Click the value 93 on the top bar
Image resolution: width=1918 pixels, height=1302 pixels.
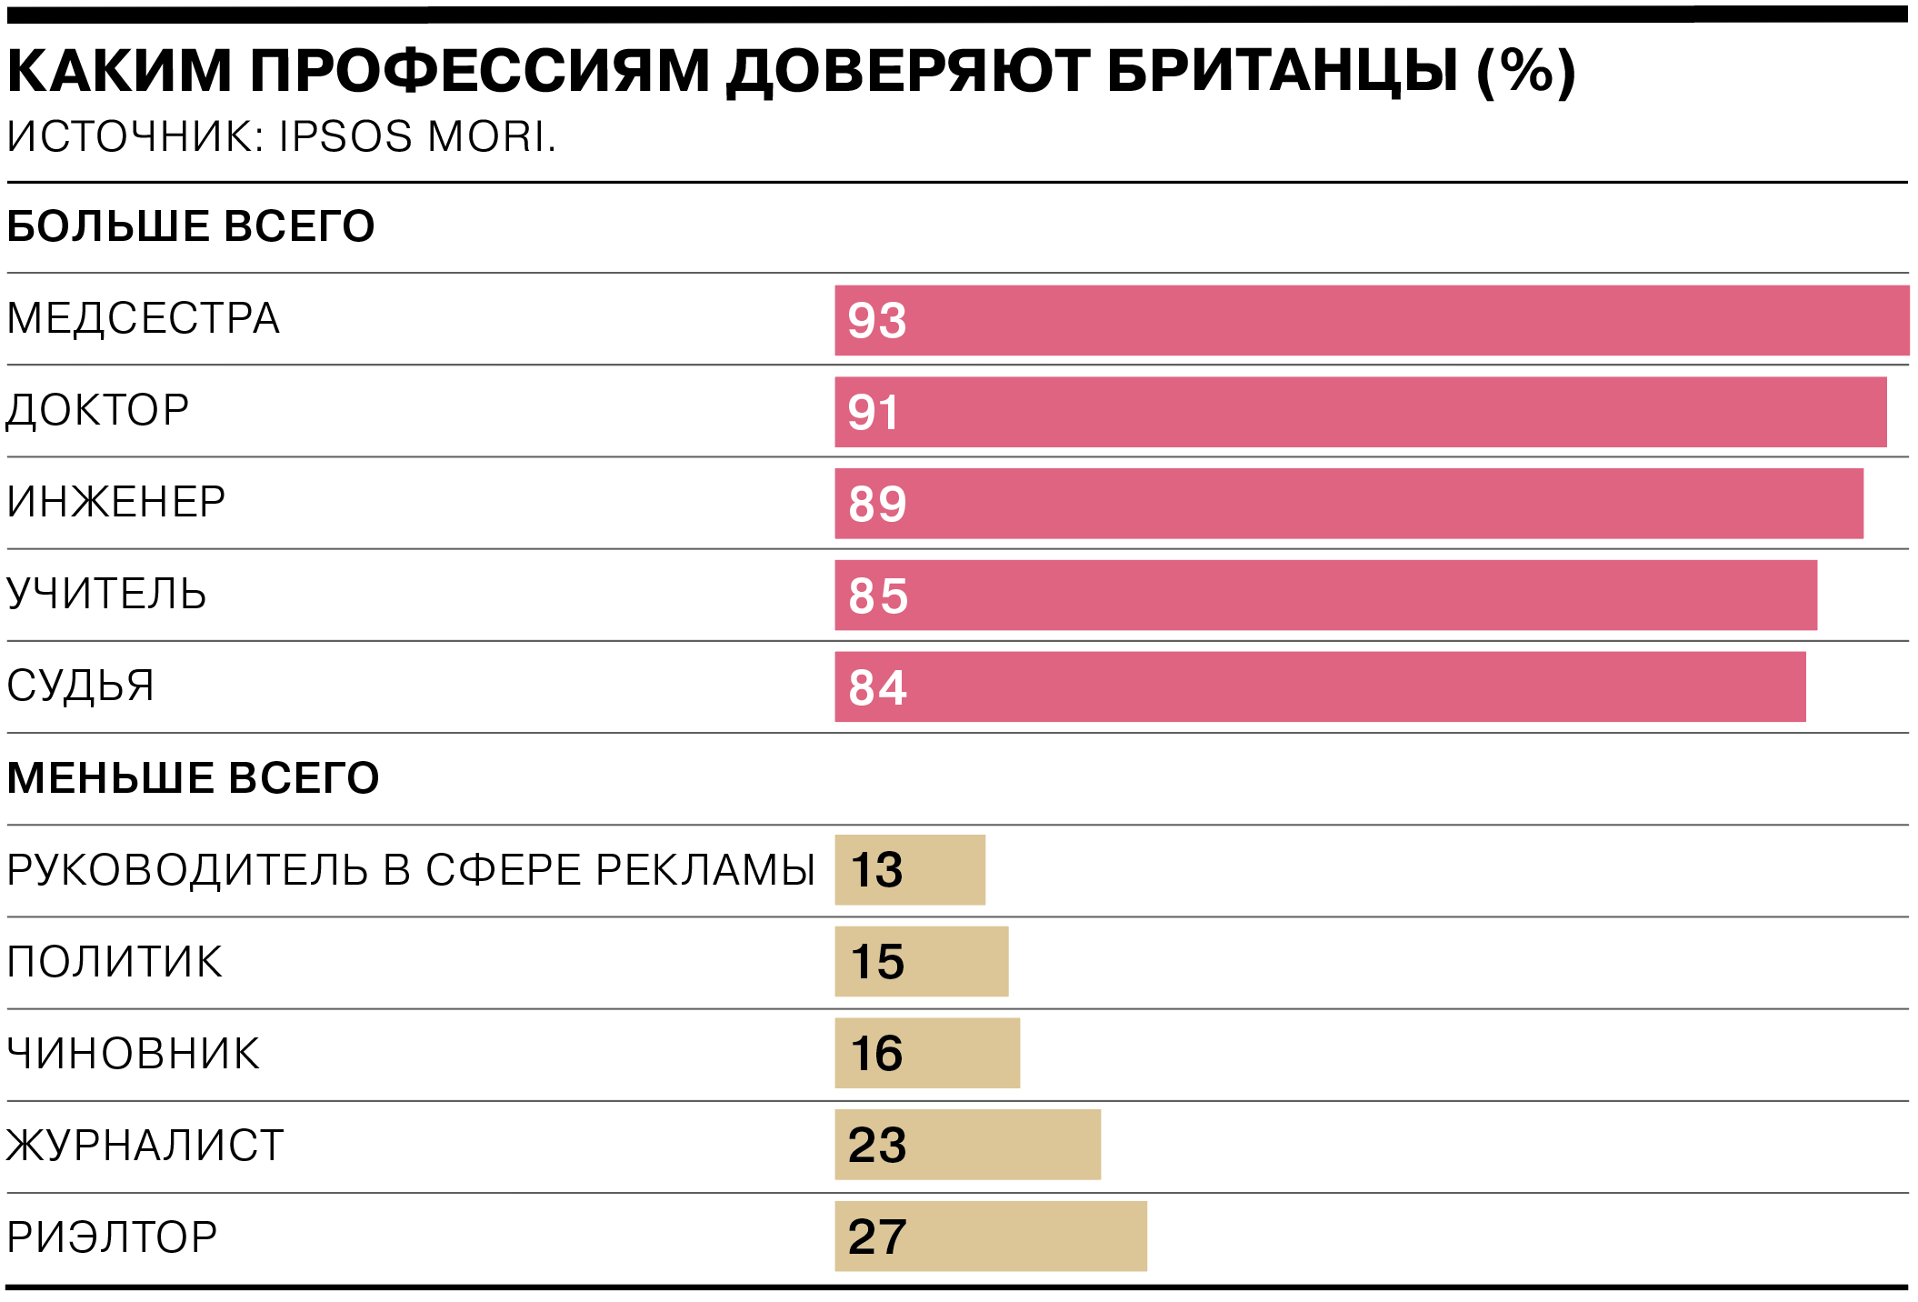point(877,320)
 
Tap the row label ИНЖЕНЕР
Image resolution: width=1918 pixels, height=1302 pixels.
point(116,502)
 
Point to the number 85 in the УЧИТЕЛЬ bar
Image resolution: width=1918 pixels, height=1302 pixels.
point(878,596)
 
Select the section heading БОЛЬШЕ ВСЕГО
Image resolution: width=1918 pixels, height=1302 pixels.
point(191,225)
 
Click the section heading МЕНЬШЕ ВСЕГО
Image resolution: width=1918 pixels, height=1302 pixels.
point(193,777)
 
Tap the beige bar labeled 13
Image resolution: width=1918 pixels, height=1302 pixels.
point(910,869)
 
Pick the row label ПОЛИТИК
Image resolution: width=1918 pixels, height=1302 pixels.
point(115,962)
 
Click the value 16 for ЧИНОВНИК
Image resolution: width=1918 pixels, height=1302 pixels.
point(876,1053)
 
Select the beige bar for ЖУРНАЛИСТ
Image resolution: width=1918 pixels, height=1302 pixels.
point(967,1145)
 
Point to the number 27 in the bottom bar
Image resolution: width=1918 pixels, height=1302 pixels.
point(877,1237)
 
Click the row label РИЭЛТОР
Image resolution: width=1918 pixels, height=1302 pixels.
point(112,1237)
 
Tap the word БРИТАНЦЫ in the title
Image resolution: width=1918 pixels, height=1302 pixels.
point(1283,71)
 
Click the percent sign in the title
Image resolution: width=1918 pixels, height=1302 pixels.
point(1526,71)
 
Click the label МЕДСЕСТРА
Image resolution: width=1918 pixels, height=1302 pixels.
point(143,318)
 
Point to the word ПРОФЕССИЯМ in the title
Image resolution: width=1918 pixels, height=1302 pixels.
point(480,71)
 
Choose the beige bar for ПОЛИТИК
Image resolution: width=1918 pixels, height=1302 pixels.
point(922,961)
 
